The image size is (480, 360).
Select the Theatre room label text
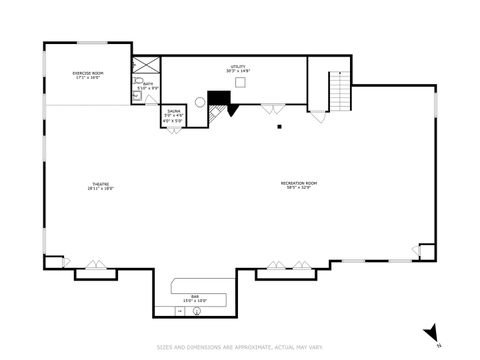101,186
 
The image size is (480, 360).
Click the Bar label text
195,297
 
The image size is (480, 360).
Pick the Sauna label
174,113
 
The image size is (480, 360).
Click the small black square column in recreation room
281,127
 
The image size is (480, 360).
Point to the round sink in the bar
197,312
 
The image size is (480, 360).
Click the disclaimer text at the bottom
240,348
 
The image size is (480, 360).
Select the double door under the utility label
271,108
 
